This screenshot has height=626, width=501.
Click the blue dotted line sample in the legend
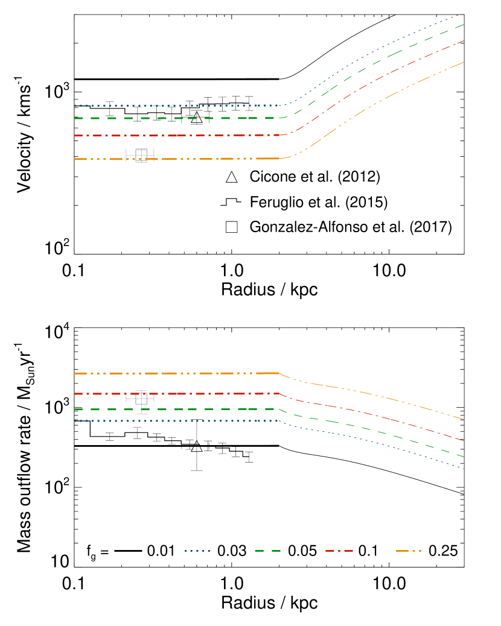197,551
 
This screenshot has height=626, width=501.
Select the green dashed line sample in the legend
267,551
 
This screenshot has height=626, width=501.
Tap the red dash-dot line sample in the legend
339,551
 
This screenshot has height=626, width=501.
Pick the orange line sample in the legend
409,551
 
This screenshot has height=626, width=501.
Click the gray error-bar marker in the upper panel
141,155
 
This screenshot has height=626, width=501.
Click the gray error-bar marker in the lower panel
141,399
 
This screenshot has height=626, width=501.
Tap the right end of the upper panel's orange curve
464,62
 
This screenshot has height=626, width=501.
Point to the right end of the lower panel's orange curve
464,419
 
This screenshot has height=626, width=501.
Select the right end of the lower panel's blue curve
464,468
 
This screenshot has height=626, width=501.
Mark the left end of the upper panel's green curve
75,118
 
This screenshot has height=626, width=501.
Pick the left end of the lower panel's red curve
75,394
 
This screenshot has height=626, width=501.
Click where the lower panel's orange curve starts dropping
279,373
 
